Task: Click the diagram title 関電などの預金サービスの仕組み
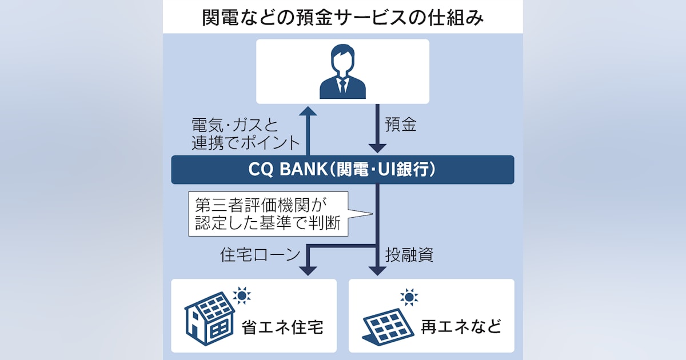(x=343, y=17)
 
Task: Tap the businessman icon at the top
(x=342, y=71)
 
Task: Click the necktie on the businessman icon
(x=342, y=85)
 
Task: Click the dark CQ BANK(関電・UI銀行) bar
(x=342, y=170)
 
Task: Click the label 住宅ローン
(x=252, y=255)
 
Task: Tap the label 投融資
(x=409, y=255)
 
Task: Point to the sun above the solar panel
(x=409, y=297)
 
